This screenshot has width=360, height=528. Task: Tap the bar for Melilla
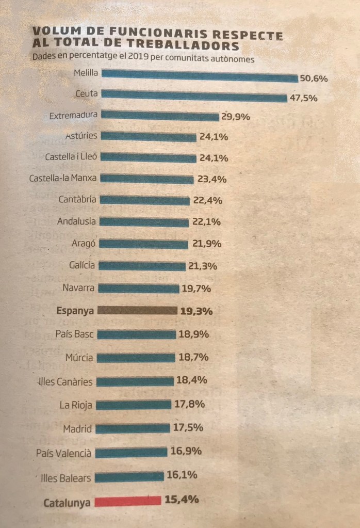(200, 76)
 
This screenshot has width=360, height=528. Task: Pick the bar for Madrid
(133, 428)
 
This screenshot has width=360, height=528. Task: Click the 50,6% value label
(314, 78)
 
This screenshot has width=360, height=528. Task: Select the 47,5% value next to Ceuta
(303, 99)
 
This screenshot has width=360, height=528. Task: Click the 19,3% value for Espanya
(196, 311)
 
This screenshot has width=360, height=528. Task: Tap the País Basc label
(75, 334)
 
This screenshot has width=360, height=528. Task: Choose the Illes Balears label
(66, 478)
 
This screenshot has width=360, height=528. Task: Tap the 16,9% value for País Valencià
(185, 452)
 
